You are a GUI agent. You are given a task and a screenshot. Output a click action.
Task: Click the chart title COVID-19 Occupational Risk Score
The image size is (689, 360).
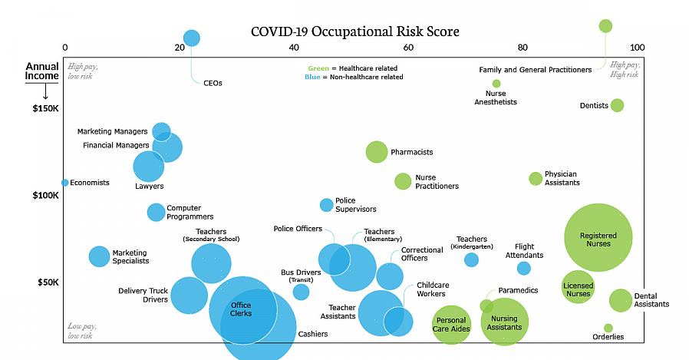[355, 31]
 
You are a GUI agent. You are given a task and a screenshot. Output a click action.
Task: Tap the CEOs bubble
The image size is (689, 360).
[192, 38]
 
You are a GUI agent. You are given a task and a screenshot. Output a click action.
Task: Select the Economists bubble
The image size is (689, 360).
[65, 183]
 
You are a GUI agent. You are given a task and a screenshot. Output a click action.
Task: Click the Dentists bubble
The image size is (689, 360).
[617, 105]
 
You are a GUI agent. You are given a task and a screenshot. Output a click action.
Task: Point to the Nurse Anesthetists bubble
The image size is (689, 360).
[496, 84]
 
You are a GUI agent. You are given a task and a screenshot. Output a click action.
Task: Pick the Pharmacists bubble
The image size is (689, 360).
[377, 152]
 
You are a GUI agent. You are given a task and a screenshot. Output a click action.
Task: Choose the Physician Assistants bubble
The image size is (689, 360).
[535, 179]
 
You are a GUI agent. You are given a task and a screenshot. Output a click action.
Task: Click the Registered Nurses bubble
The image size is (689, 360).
[598, 237]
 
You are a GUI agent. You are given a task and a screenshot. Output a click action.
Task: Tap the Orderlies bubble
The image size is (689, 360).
[608, 328]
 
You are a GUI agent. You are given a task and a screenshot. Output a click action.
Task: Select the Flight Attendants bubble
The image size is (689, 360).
[523, 268]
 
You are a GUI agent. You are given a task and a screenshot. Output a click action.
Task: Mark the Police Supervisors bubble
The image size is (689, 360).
[326, 205]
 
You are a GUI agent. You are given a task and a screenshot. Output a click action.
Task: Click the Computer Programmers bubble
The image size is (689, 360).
[156, 212]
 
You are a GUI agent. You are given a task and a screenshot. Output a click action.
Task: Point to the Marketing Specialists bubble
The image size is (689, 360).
[99, 256]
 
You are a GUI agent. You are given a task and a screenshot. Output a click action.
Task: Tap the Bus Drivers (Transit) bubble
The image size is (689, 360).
[301, 292]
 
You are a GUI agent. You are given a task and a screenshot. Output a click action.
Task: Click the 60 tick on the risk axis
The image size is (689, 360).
[408, 48]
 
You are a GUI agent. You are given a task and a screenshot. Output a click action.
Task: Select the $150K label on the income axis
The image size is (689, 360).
[45, 108]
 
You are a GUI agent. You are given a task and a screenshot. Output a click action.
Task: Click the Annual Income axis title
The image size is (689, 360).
[41, 71]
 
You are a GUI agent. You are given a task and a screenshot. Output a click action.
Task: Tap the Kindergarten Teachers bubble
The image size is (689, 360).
[471, 259]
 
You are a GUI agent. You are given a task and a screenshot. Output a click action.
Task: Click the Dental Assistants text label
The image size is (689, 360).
[651, 300]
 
